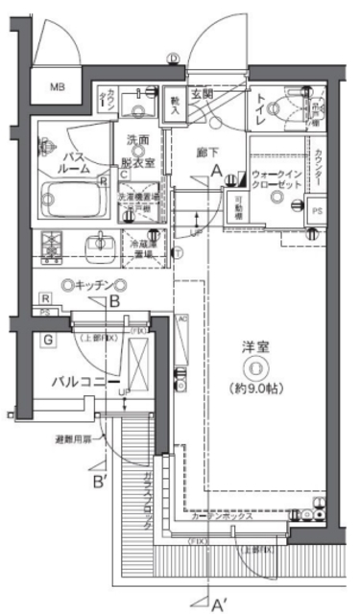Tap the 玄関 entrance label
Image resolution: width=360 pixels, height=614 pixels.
pos(202,96)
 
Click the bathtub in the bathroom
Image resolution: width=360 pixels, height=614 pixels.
pos(72,201)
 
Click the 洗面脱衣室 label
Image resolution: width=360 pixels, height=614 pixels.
pos(140,151)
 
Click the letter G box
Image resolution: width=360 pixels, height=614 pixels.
pos(45,338)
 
